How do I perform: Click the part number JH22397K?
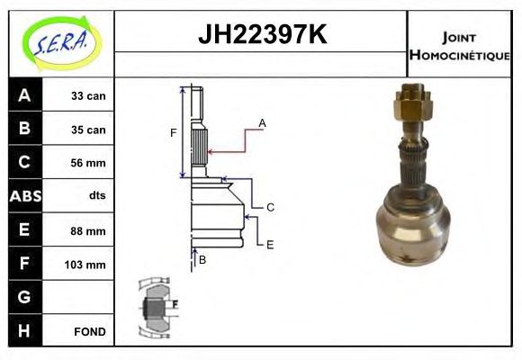pyautogui.click(x=261, y=35)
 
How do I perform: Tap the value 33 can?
pyautogui.click(x=88, y=96)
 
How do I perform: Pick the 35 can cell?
pyautogui.click(x=88, y=130)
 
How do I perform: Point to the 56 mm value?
pyautogui.click(x=88, y=163)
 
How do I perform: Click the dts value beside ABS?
pyautogui.click(x=96, y=196)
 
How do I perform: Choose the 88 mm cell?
pyautogui.click(x=88, y=230)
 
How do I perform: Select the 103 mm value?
pyautogui.click(x=88, y=265)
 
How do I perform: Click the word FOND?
pyautogui.click(x=88, y=331)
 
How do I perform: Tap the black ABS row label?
pyautogui.click(x=23, y=196)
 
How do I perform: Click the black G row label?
pyautogui.click(x=23, y=297)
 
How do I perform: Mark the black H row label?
pyautogui.click(x=23, y=330)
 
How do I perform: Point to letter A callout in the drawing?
pyautogui.click(x=262, y=122)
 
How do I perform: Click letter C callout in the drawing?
pyautogui.click(x=269, y=207)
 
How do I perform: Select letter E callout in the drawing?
pyautogui.click(x=269, y=244)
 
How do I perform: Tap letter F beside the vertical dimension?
pyautogui.click(x=174, y=133)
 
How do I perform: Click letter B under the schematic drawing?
pyautogui.click(x=202, y=260)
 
